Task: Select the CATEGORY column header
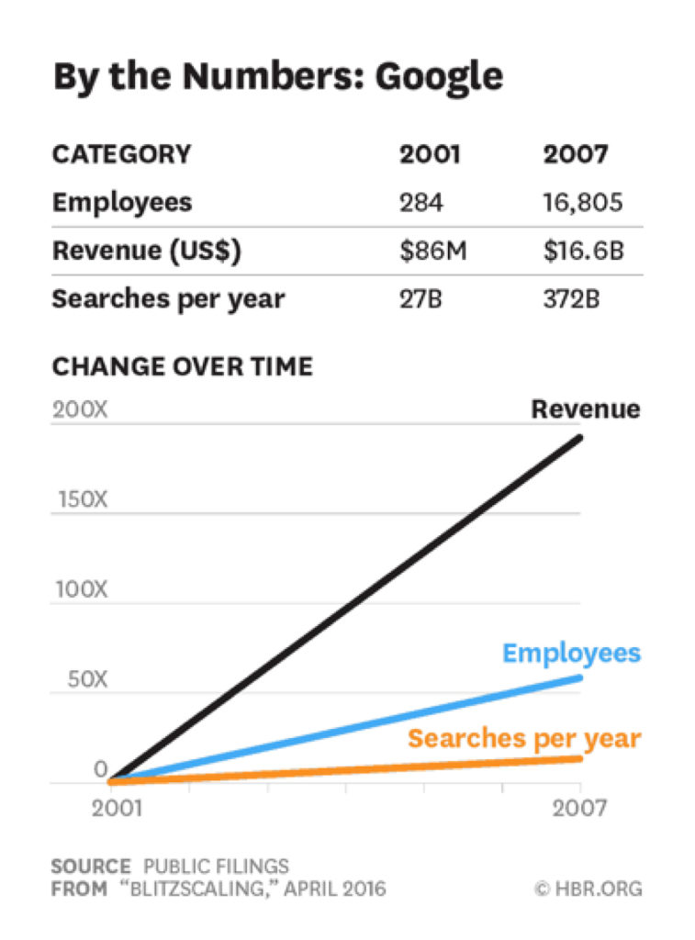121,154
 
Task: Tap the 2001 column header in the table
430,154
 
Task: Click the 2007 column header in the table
575,154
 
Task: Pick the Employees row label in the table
122,202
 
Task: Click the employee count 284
420,202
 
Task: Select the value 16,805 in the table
582,202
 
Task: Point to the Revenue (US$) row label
146,251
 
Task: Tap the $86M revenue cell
433,251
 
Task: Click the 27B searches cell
421,299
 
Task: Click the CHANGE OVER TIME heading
182,366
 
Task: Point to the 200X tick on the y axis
80,409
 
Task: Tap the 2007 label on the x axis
578,809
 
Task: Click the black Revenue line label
586,409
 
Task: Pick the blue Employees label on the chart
571,654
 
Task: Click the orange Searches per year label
524,738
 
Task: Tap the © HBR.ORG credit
587,889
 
